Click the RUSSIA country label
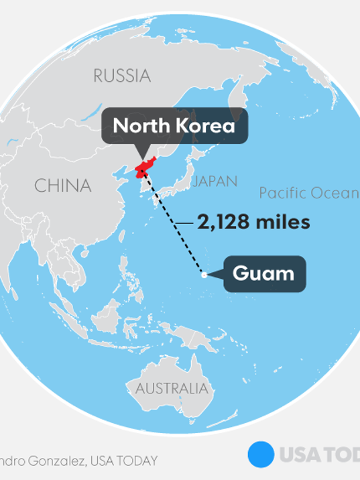121,76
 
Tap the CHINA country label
62,186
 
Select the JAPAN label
214,181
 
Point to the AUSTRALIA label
172,388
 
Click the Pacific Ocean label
309,194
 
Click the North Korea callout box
174,125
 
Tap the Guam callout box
263,274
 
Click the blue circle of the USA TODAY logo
261,454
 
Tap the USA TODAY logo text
318,455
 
